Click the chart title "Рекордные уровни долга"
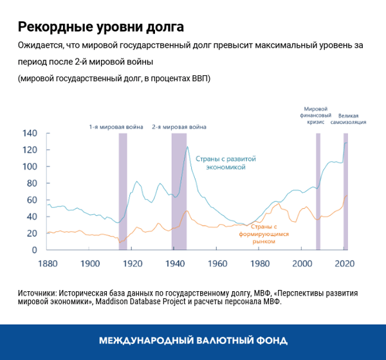(100, 27)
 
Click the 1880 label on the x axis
(48, 264)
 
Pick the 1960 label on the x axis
(217, 264)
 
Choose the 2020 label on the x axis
(345, 264)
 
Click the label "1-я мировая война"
(116, 127)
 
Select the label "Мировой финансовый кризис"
(315, 115)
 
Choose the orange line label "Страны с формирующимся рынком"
(264, 234)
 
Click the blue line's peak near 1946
(187, 147)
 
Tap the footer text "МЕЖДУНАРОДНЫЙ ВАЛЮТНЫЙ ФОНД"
(193, 341)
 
